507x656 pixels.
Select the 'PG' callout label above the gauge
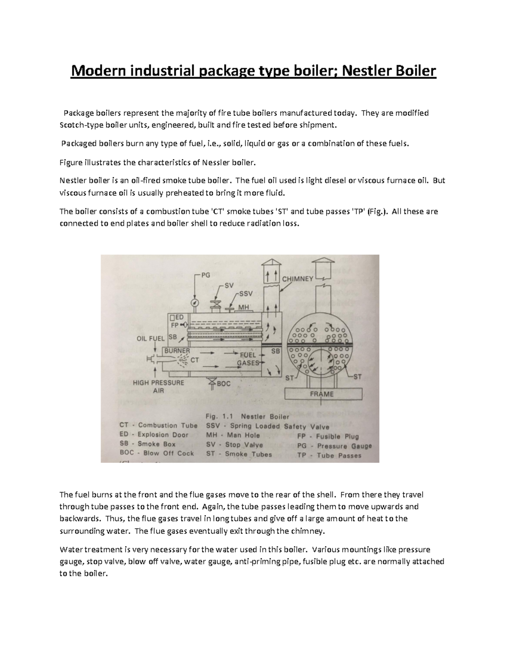click(x=205, y=275)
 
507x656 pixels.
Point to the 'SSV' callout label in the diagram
click(x=245, y=294)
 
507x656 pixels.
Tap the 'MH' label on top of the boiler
click(x=243, y=307)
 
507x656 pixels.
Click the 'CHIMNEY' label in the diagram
click(x=297, y=279)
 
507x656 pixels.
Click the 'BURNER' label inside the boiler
click(x=177, y=351)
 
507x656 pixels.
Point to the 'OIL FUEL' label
click(x=150, y=338)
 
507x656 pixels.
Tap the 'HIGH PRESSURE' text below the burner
click(x=158, y=383)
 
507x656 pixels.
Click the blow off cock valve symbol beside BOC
click(x=211, y=383)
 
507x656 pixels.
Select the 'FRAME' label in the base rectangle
click(x=322, y=394)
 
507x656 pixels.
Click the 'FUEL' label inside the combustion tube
click(x=248, y=355)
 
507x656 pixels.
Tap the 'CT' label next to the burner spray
click(x=195, y=360)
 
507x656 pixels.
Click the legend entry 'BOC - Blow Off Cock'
click(x=156, y=453)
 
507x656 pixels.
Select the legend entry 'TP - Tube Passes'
click(x=329, y=455)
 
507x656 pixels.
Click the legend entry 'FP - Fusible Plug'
click(x=328, y=436)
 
